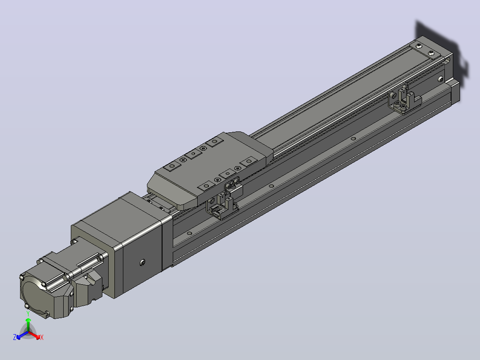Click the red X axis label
click(42, 337)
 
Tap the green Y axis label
click(28, 314)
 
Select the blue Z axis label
click(15, 337)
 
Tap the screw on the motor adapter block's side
click(142, 262)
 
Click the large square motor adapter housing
click(122, 242)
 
